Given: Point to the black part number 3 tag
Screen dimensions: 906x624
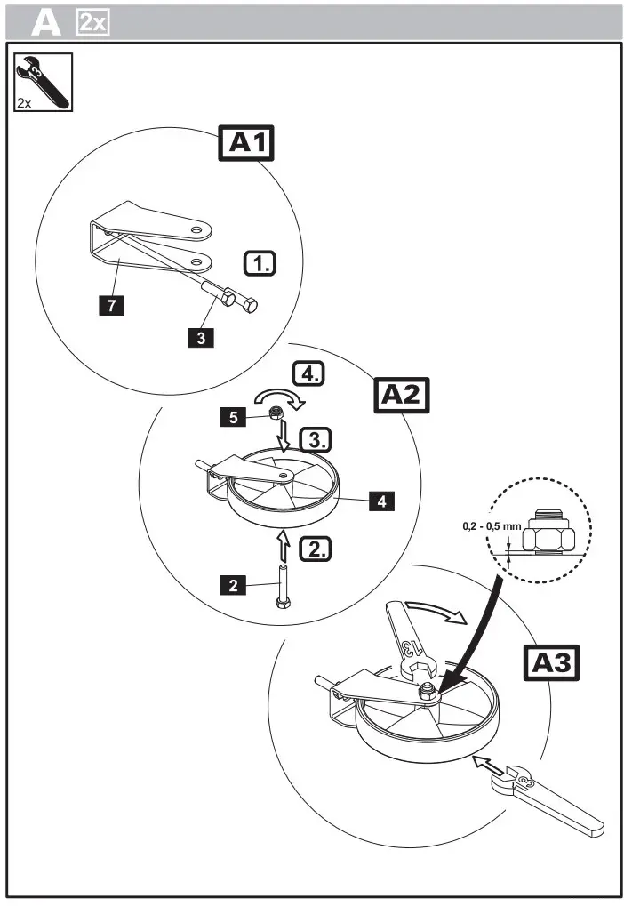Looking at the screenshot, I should (201, 337).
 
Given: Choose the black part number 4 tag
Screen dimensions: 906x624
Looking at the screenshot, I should (381, 501).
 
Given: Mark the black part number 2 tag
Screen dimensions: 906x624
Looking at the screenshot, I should (233, 584).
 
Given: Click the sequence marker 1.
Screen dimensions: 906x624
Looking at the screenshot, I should (260, 263).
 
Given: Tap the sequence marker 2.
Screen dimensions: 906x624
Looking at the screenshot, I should (314, 549).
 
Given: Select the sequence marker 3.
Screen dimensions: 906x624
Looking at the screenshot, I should (313, 439).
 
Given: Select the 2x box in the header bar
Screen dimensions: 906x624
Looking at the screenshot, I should (92, 22).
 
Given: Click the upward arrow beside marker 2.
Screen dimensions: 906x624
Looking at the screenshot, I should (282, 544).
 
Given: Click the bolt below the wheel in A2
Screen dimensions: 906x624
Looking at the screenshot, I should (283, 589).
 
